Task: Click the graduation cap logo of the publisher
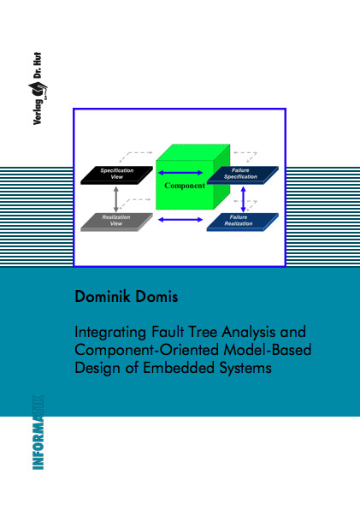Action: (38, 90)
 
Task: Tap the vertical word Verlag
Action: (38, 112)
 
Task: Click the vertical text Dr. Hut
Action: (38, 66)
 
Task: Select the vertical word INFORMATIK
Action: (38, 432)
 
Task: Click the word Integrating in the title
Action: (110, 333)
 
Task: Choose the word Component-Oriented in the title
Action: (147, 351)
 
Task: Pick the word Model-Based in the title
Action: (268, 350)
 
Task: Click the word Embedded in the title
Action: (179, 368)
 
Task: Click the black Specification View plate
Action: (116, 175)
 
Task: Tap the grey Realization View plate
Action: (116, 222)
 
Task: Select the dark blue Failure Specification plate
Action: (243, 175)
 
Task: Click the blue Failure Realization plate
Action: (243, 222)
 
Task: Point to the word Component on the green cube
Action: (185, 186)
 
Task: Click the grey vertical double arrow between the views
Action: (116, 199)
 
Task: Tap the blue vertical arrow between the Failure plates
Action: (243, 199)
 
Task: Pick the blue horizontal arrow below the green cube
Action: (180, 220)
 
